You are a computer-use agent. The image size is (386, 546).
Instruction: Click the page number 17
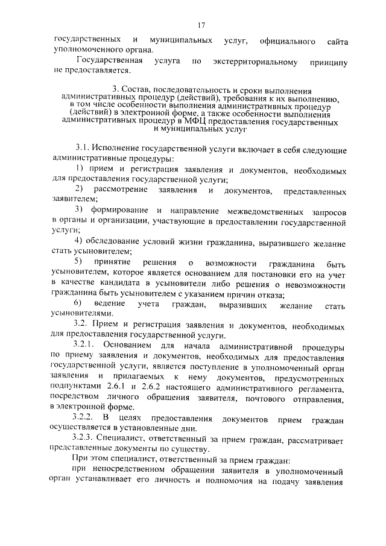click(x=201, y=25)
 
